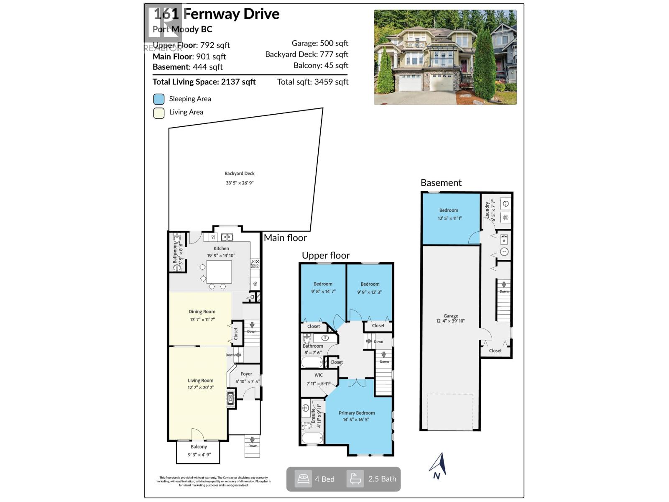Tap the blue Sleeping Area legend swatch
(x=159, y=99)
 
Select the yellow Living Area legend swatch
(x=159, y=113)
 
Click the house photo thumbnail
(x=445, y=57)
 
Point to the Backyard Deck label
(x=240, y=174)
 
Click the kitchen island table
(x=219, y=271)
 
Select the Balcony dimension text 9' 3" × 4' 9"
(x=199, y=455)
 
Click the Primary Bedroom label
(x=357, y=413)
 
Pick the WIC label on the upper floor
(x=319, y=375)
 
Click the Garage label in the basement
(x=451, y=316)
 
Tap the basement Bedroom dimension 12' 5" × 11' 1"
(x=450, y=218)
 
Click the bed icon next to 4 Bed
(x=303, y=479)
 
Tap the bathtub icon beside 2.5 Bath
(x=355, y=479)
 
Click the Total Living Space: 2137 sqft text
(x=204, y=82)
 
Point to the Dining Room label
(x=202, y=312)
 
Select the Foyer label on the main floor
(x=246, y=374)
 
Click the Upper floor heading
(x=326, y=256)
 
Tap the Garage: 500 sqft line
(x=320, y=43)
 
